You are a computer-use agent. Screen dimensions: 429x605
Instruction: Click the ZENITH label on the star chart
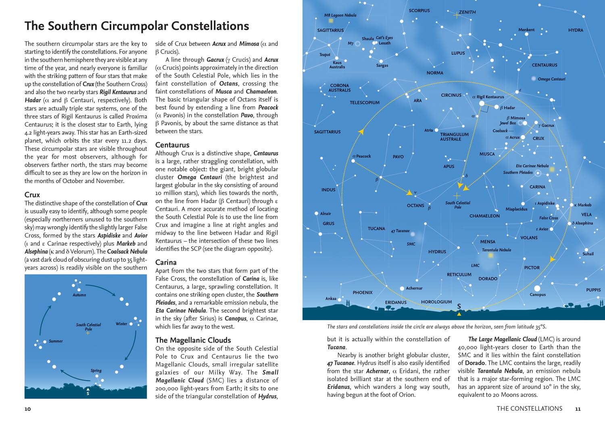point(467,12)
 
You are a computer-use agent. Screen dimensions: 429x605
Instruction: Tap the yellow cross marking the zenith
point(456,15)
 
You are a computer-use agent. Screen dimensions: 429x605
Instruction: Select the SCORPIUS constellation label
point(419,10)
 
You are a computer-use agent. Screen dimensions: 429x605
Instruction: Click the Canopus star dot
point(537,288)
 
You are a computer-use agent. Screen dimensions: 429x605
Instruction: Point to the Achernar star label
point(414,288)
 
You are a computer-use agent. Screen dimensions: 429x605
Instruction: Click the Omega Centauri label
point(551,79)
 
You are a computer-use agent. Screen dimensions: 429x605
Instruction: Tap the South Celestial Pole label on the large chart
point(457,205)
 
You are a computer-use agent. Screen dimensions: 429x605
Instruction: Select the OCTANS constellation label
point(415,206)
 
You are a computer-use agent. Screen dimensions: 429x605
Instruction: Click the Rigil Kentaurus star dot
point(482,104)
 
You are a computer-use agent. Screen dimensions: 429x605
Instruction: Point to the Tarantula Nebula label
point(497,250)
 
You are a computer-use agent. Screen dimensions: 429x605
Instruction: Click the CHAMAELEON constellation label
point(484,216)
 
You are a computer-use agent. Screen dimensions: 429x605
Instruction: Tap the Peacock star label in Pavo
point(363,156)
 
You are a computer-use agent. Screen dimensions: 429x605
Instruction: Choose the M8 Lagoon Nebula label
point(340,15)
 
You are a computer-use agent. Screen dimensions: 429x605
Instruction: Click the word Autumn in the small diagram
point(79,295)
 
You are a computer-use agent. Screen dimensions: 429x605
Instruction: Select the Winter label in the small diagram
point(121,324)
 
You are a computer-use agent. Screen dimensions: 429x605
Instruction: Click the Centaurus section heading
point(172,145)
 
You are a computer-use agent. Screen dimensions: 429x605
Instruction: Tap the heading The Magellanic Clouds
point(193,340)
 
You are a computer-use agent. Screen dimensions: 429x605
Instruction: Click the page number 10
point(27,409)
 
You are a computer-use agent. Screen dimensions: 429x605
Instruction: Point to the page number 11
point(578,409)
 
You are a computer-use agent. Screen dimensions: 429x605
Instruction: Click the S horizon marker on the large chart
point(459,306)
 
